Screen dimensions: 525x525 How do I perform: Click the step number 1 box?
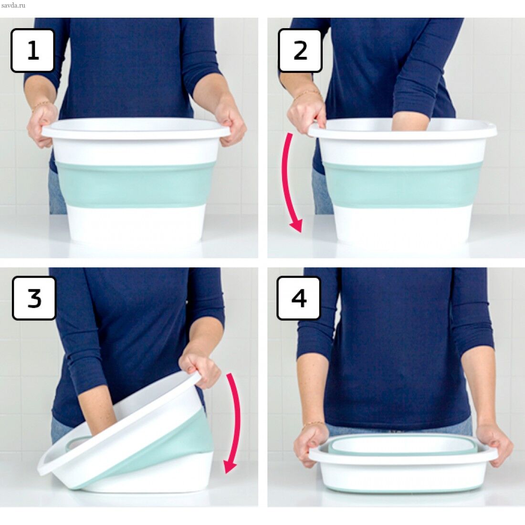tap(32, 50)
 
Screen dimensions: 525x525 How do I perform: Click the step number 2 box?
tap(300, 50)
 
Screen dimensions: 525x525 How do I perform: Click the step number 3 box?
tap(34, 298)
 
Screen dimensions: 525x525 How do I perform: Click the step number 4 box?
tap(299, 298)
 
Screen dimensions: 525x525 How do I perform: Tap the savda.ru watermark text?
tap(13, 5)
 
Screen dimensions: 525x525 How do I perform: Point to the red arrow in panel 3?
tap(235, 422)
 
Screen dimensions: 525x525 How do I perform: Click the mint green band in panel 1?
tap(136, 184)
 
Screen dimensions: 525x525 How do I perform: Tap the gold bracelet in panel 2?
tap(307, 94)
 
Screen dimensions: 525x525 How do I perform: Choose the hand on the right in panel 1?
tap(230, 122)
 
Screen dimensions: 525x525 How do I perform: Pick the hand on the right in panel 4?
tap(494, 445)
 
